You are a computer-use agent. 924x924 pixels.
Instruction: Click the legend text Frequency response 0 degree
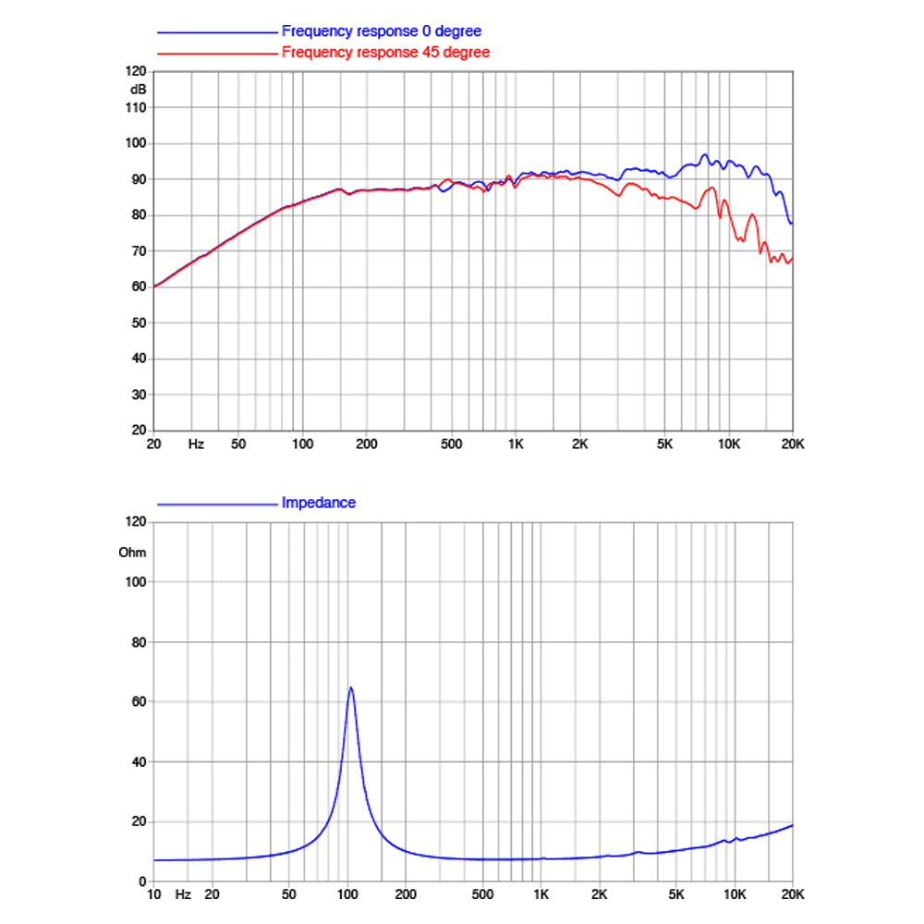(382, 31)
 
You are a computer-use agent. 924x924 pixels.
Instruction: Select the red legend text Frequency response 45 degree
(385, 53)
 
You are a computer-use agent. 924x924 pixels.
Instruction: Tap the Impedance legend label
(318, 503)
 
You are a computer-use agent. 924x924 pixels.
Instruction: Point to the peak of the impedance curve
(350, 687)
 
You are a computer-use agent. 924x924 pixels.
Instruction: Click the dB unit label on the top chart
(138, 90)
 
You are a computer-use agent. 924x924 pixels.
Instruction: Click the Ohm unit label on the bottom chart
(132, 553)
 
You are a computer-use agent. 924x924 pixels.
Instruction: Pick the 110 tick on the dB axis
(136, 108)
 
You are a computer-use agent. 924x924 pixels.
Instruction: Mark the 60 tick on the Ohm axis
(140, 702)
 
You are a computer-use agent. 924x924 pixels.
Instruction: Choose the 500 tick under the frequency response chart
(452, 444)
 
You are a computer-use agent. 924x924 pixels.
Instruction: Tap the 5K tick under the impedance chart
(676, 894)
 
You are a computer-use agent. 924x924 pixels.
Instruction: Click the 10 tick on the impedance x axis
(153, 894)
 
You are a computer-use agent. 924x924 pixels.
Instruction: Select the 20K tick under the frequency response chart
(793, 444)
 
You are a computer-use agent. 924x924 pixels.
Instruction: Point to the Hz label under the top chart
(196, 444)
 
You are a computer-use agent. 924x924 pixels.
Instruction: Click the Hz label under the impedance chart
(183, 894)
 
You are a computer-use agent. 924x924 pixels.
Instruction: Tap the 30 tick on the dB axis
(140, 395)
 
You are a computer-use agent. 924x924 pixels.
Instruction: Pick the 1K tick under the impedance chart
(541, 894)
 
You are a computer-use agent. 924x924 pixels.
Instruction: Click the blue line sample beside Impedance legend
(217, 505)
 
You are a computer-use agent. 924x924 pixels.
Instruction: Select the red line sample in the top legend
(217, 54)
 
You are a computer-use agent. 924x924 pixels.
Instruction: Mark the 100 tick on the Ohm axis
(136, 582)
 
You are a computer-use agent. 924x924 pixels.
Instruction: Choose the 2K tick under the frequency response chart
(580, 444)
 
